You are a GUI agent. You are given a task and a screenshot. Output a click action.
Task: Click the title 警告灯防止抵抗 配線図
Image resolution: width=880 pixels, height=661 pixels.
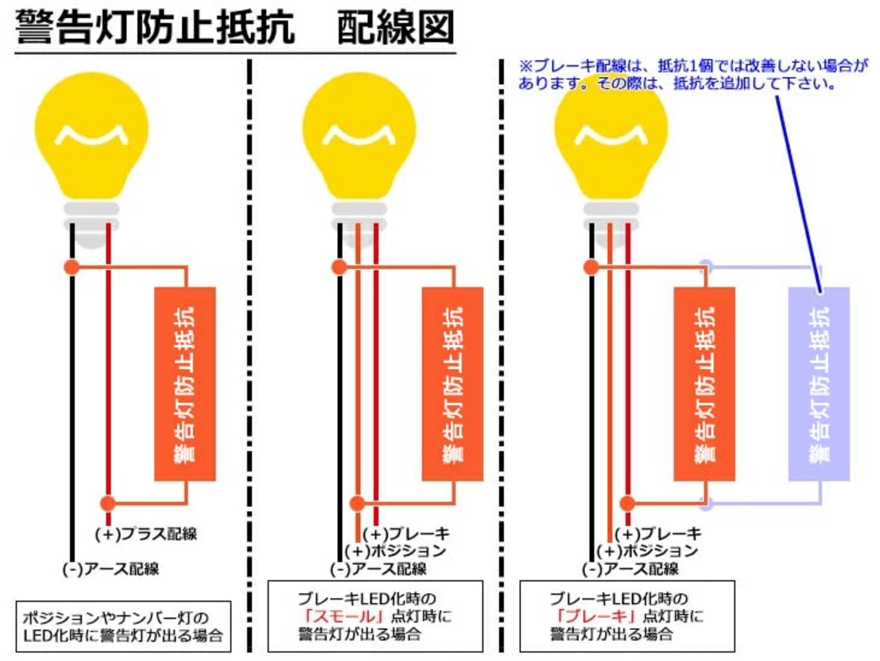click(x=234, y=28)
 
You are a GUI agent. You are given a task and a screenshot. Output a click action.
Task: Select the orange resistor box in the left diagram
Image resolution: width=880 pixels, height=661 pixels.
click(x=185, y=383)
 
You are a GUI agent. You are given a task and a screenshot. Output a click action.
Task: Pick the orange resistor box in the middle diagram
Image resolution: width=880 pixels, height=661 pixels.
click(x=452, y=383)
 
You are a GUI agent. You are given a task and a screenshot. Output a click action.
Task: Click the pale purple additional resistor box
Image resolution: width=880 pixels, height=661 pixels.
click(x=819, y=383)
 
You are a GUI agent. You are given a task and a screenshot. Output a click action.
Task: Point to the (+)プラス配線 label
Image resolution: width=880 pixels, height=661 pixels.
click(x=146, y=534)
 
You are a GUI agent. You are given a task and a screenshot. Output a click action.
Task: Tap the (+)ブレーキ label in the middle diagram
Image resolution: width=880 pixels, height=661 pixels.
click(x=406, y=534)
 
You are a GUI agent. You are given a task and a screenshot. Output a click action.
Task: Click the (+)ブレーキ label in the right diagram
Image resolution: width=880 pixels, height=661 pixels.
click(x=658, y=534)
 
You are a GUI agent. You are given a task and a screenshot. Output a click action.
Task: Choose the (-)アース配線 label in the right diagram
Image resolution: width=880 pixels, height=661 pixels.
click(x=630, y=569)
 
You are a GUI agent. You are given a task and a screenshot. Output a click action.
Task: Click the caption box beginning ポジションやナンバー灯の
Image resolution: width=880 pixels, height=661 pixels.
click(x=123, y=627)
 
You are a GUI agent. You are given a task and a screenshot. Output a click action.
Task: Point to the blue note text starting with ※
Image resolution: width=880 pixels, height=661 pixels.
click(x=693, y=75)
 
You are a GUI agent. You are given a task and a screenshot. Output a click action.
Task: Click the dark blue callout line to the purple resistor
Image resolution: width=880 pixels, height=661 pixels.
click(x=799, y=193)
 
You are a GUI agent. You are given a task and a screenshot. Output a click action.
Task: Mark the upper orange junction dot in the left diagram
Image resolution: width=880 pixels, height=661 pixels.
click(x=71, y=267)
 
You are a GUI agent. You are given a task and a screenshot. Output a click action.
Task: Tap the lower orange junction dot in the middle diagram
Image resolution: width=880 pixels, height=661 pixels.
click(x=357, y=503)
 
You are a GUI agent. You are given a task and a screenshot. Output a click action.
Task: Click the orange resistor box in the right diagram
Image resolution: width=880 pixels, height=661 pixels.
click(x=705, y=383)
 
